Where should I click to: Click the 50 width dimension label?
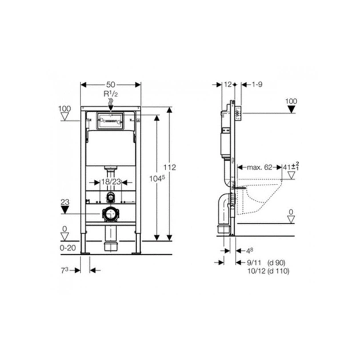111,85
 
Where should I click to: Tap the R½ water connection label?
111,94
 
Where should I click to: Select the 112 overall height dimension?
170,167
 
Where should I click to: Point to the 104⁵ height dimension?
157,178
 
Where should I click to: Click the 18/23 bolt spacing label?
111,182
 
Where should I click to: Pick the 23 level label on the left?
65,202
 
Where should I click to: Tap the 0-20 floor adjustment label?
68,248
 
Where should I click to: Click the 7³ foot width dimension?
65,270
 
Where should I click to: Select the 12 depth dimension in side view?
228,85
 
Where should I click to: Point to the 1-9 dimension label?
257,85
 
